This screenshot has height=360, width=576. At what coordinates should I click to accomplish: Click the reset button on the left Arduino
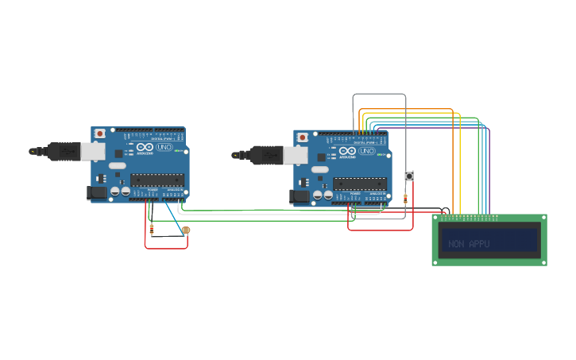99,134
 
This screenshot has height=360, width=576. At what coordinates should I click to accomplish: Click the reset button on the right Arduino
302,137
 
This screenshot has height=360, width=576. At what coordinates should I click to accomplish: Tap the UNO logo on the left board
164,147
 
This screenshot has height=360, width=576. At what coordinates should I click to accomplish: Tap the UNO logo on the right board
367,151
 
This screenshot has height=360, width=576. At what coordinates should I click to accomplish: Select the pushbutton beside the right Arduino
409,176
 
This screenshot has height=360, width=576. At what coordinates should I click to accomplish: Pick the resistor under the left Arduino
151,230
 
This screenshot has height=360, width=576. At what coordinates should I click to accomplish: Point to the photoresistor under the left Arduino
186,230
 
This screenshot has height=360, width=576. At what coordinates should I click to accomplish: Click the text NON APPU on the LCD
469,244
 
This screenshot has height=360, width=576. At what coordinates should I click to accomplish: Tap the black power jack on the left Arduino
97,192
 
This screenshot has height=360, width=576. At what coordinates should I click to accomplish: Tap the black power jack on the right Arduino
300,195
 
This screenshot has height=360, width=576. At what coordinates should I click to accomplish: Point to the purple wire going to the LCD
489,175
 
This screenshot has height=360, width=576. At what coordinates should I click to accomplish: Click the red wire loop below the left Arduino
166,248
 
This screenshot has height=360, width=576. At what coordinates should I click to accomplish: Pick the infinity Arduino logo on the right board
347,150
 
